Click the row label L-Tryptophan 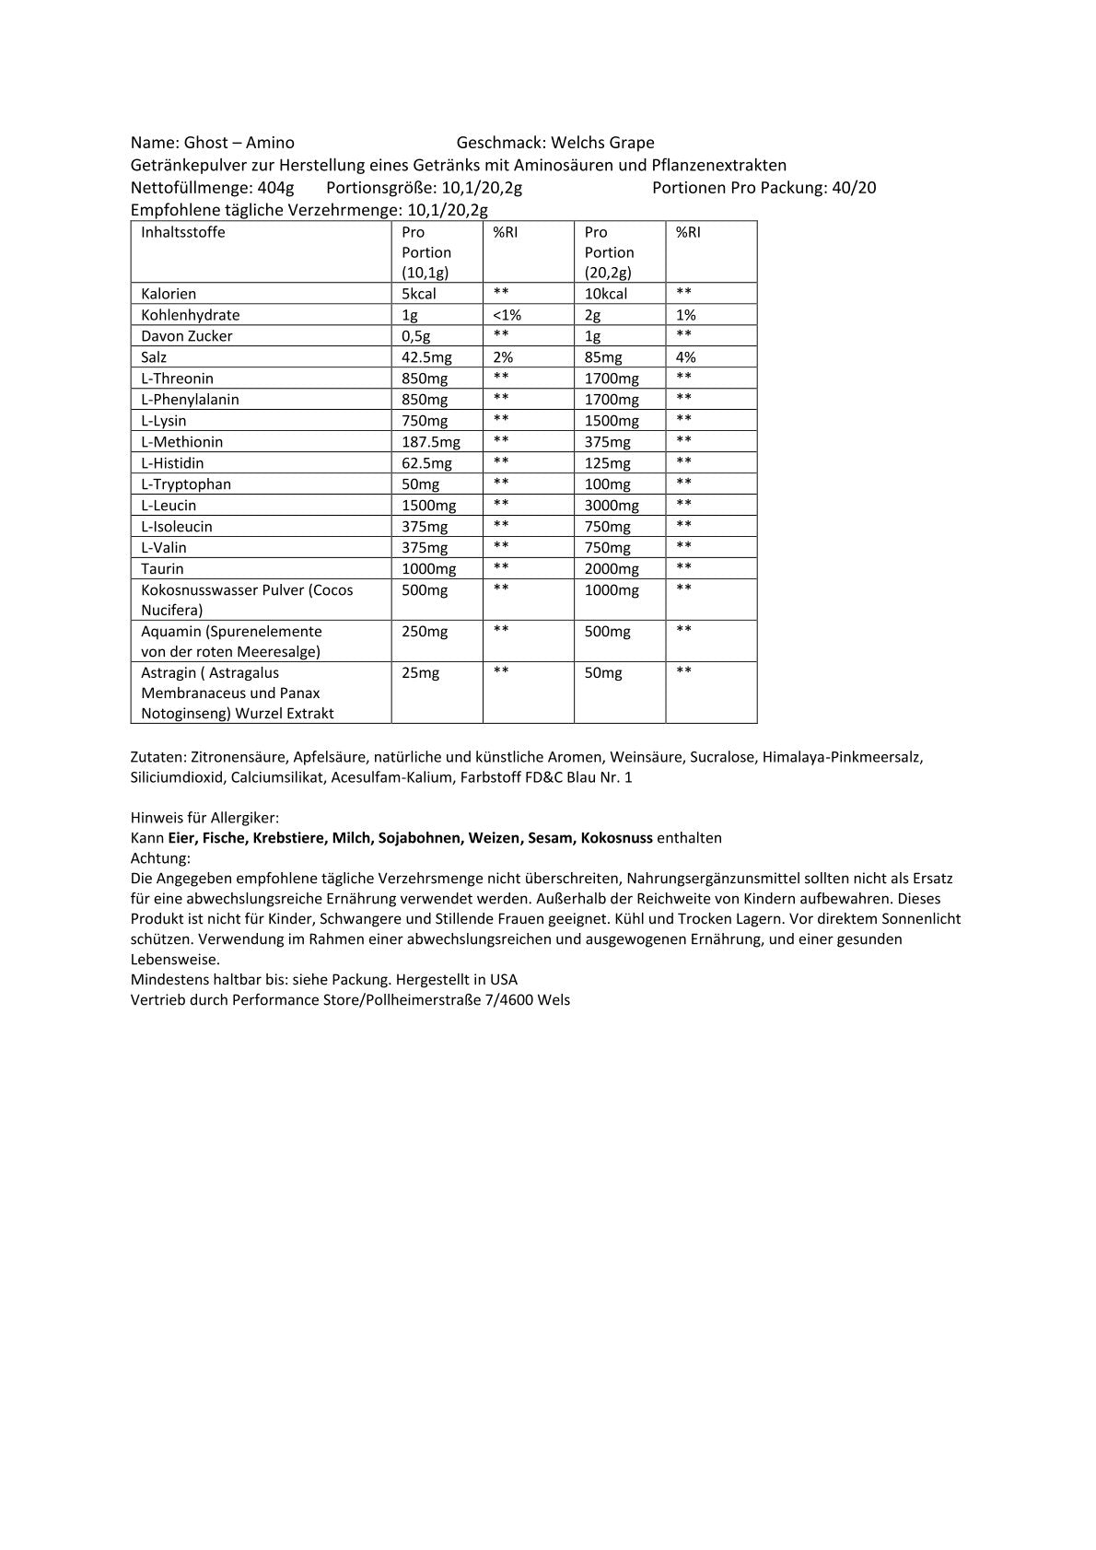(186, 484)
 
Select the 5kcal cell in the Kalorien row (419, 294)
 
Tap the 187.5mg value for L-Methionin (431, 442)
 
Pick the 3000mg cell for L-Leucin (612, 506)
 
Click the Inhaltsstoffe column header (183, 232)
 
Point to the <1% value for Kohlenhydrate (507, 315)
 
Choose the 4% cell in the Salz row (685, 357)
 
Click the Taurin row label (162, 569)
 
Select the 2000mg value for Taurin (612, 569)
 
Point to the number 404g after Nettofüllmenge (276, 189)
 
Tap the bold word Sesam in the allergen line (549, 838)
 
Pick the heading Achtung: (160, 858)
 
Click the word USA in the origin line (503, 980)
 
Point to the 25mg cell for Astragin (421, 673)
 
